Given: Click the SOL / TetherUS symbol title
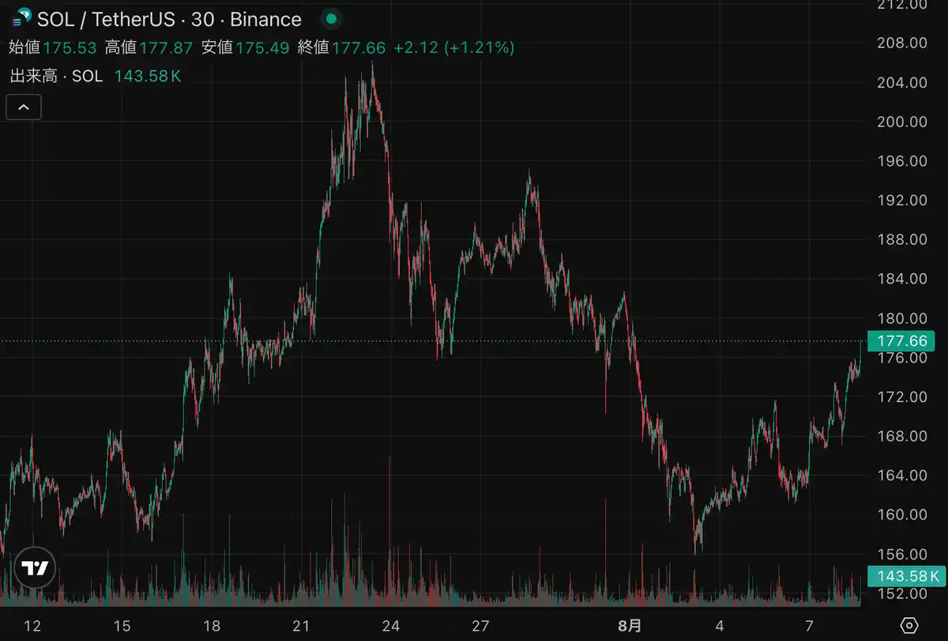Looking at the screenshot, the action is coord(106,20).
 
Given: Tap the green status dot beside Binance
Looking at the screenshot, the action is coord(331,19).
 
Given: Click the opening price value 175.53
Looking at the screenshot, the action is coord(70,48).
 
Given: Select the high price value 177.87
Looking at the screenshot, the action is coord(166,48).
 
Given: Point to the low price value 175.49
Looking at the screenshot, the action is coord(262,48).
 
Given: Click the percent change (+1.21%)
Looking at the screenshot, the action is coord(479,48).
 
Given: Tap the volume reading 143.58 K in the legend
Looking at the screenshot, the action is coord(148,76).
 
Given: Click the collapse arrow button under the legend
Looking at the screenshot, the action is coord(24,107).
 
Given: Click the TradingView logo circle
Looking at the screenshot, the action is coord(35,568).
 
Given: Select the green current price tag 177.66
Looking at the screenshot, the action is coord(901,341).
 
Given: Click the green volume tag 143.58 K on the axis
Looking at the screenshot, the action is coord(907,576).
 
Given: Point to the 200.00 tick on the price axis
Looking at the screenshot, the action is coord(902,122).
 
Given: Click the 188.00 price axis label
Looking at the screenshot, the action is coord(902,239).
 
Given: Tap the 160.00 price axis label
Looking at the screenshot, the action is coord(902,515).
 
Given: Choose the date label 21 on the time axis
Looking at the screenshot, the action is coord(301,626).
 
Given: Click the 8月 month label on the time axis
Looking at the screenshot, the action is coord(630,626).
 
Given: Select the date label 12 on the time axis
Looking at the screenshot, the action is coord(32,626).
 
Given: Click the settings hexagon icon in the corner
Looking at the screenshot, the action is coord(909,625).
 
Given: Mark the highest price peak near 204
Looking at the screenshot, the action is coord(372,62).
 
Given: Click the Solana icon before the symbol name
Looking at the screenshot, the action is coord(22,17).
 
